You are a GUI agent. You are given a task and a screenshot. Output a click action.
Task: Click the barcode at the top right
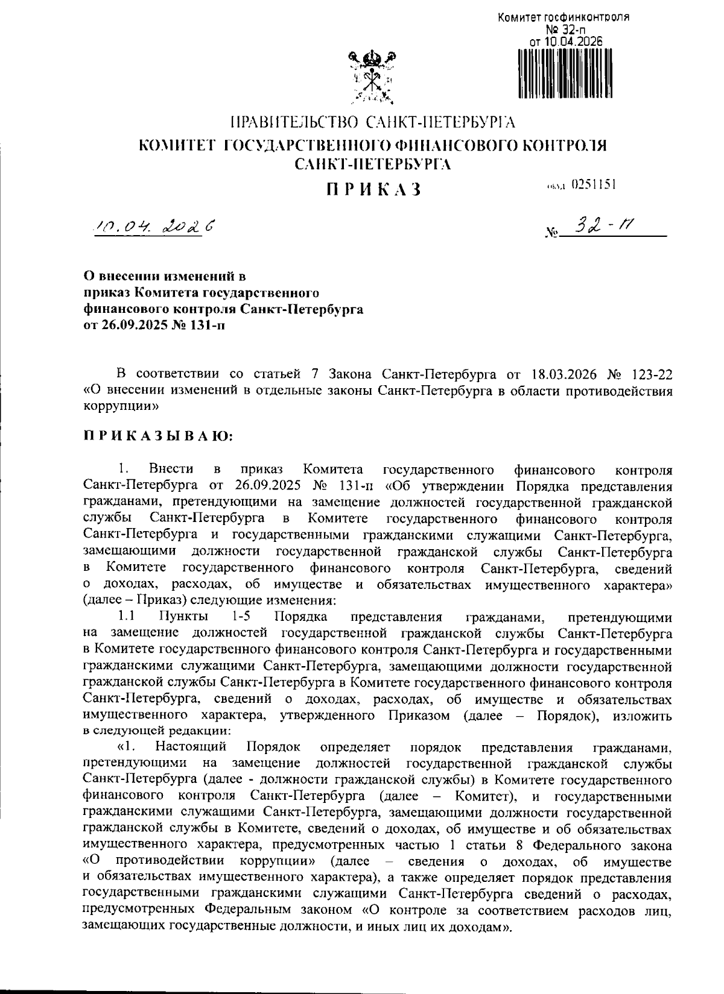point(565,73)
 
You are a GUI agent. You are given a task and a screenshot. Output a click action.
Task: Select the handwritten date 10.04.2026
point(153,228)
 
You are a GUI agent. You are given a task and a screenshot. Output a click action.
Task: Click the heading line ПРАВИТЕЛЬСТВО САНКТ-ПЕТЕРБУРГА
point(373,123)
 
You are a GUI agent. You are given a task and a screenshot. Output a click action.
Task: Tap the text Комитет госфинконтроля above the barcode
point(563,17)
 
